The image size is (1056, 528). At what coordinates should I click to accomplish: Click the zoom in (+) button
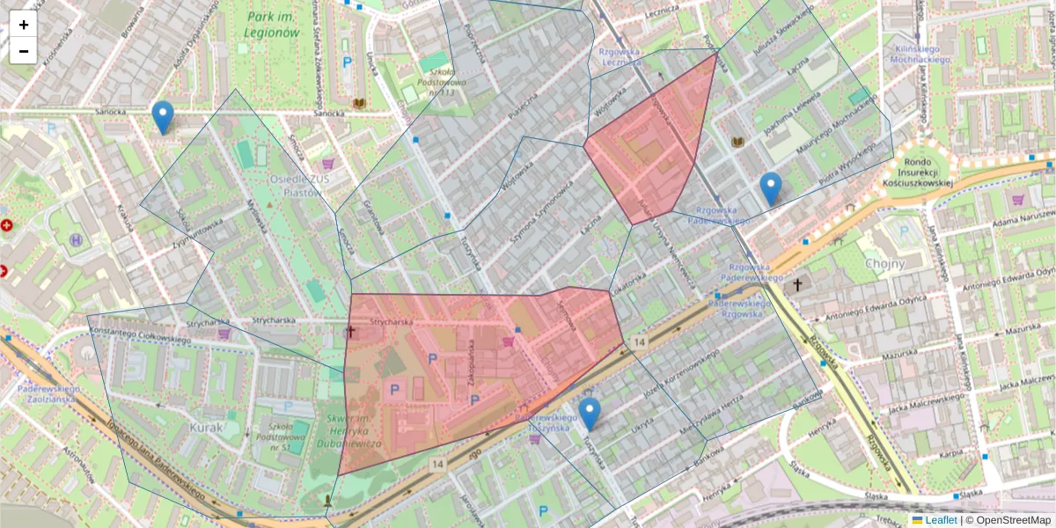(24, 25)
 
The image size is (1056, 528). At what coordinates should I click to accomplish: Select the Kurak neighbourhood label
(206, 427)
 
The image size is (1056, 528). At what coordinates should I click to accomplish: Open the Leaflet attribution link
(941, 520)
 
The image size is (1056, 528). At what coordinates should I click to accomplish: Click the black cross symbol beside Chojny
(797, 284)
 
